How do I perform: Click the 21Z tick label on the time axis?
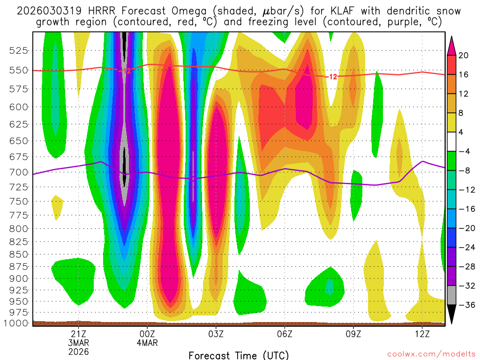click(78, 333)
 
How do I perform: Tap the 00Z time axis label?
click(147, 333)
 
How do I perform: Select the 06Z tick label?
click(285, 333)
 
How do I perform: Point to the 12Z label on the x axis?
click(422, 333)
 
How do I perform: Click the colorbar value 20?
click(464, 55)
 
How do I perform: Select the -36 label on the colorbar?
click(465, 305)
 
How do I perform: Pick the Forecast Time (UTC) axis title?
click(239, 355)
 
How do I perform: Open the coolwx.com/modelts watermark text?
click(430, 354)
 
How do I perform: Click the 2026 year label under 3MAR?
click(78, 351)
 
